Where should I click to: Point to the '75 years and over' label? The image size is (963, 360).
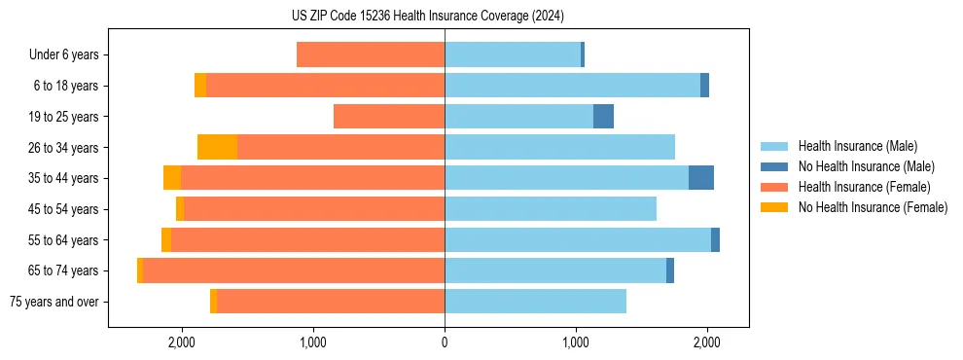54,302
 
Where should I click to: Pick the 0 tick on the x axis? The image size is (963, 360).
445,342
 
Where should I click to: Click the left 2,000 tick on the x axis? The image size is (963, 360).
182,342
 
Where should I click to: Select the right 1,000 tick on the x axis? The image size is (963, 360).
576,342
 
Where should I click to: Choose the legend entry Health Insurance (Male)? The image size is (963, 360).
857,146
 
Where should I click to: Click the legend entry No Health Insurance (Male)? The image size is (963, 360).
866,166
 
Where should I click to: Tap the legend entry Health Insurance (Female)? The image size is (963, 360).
863,187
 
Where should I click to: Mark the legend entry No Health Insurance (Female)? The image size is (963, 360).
872,207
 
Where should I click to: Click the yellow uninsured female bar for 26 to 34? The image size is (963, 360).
217,147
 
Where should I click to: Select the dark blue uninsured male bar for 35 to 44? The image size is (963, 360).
700,178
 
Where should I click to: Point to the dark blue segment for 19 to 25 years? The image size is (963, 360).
603,117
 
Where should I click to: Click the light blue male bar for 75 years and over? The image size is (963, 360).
535,302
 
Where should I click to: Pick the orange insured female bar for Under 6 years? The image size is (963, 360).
371,55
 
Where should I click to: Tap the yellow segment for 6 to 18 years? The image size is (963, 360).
200,86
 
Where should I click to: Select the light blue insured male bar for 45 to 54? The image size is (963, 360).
551,209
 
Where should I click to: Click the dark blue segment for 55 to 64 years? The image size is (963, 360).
715,240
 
